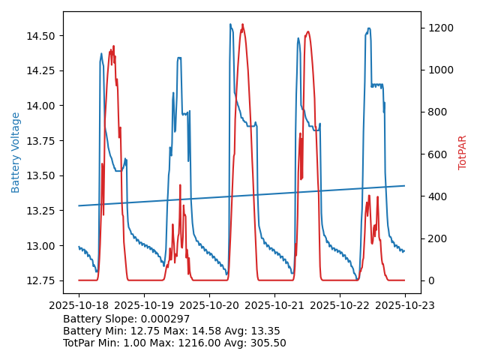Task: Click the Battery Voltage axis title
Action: (16, 152)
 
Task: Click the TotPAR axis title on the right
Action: (463, 152)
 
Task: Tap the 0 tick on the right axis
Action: (434, 280)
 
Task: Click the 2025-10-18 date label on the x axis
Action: (79, 306)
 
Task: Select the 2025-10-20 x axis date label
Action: (209, 306)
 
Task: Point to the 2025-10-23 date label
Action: (405, 306)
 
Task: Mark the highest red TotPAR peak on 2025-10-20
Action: (241, 25)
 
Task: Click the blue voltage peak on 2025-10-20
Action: (230, 24)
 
